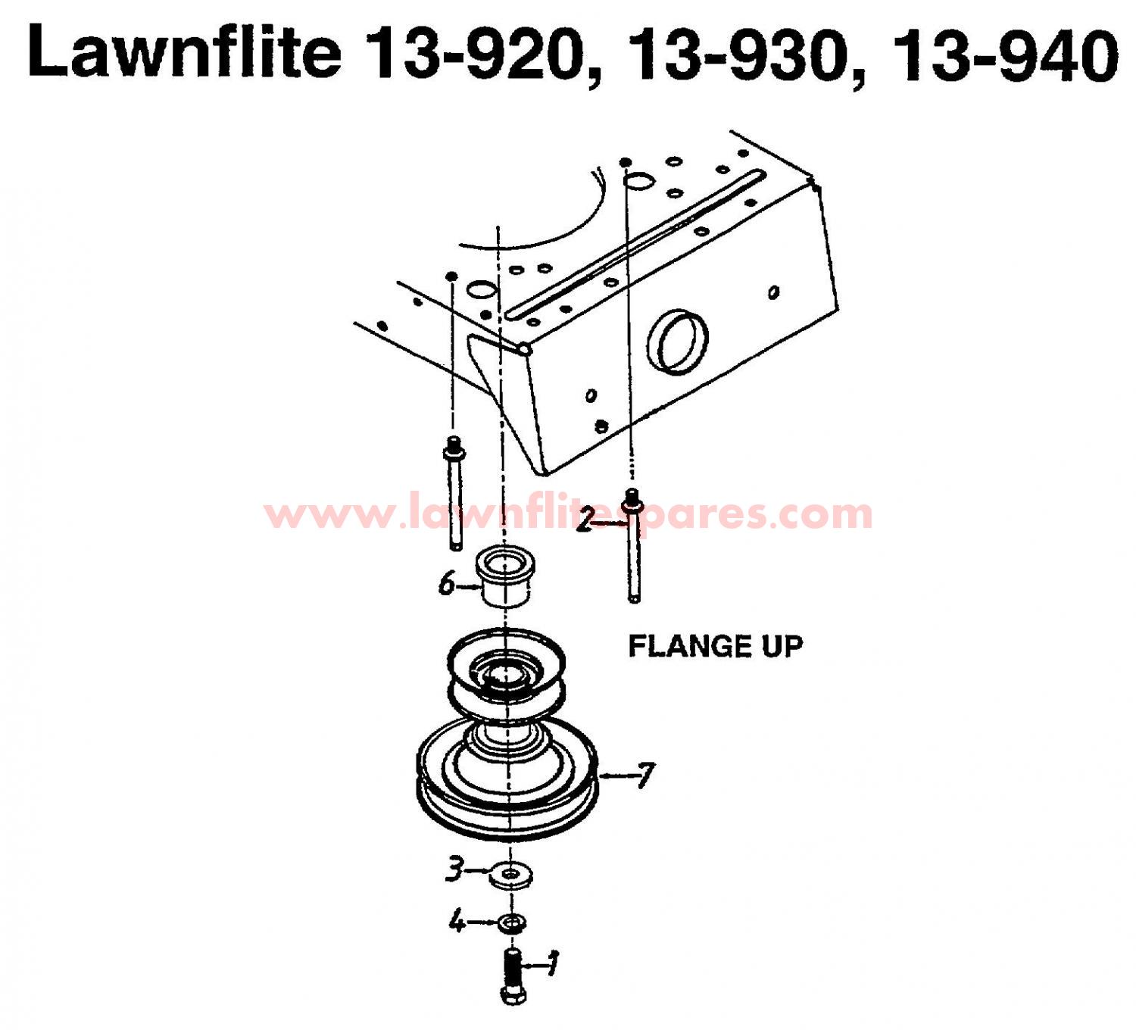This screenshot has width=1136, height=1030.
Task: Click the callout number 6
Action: pyautogui.click(x=447, y=584)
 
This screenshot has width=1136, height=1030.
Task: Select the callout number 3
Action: pyautogui.click(x=454, y=869)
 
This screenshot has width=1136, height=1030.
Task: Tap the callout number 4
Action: pyautogui.click(x=457, y=922)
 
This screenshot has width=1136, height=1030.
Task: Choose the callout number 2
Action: pyautogui.click(x=585, y=520)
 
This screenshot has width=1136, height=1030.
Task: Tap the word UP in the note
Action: pyautogui.click(x=783, y=646)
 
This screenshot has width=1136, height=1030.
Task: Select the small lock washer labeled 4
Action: pyautogui.click(x=513, y=922)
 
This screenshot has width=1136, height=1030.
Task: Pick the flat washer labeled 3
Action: pyautogui.click(x=511, y=875)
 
